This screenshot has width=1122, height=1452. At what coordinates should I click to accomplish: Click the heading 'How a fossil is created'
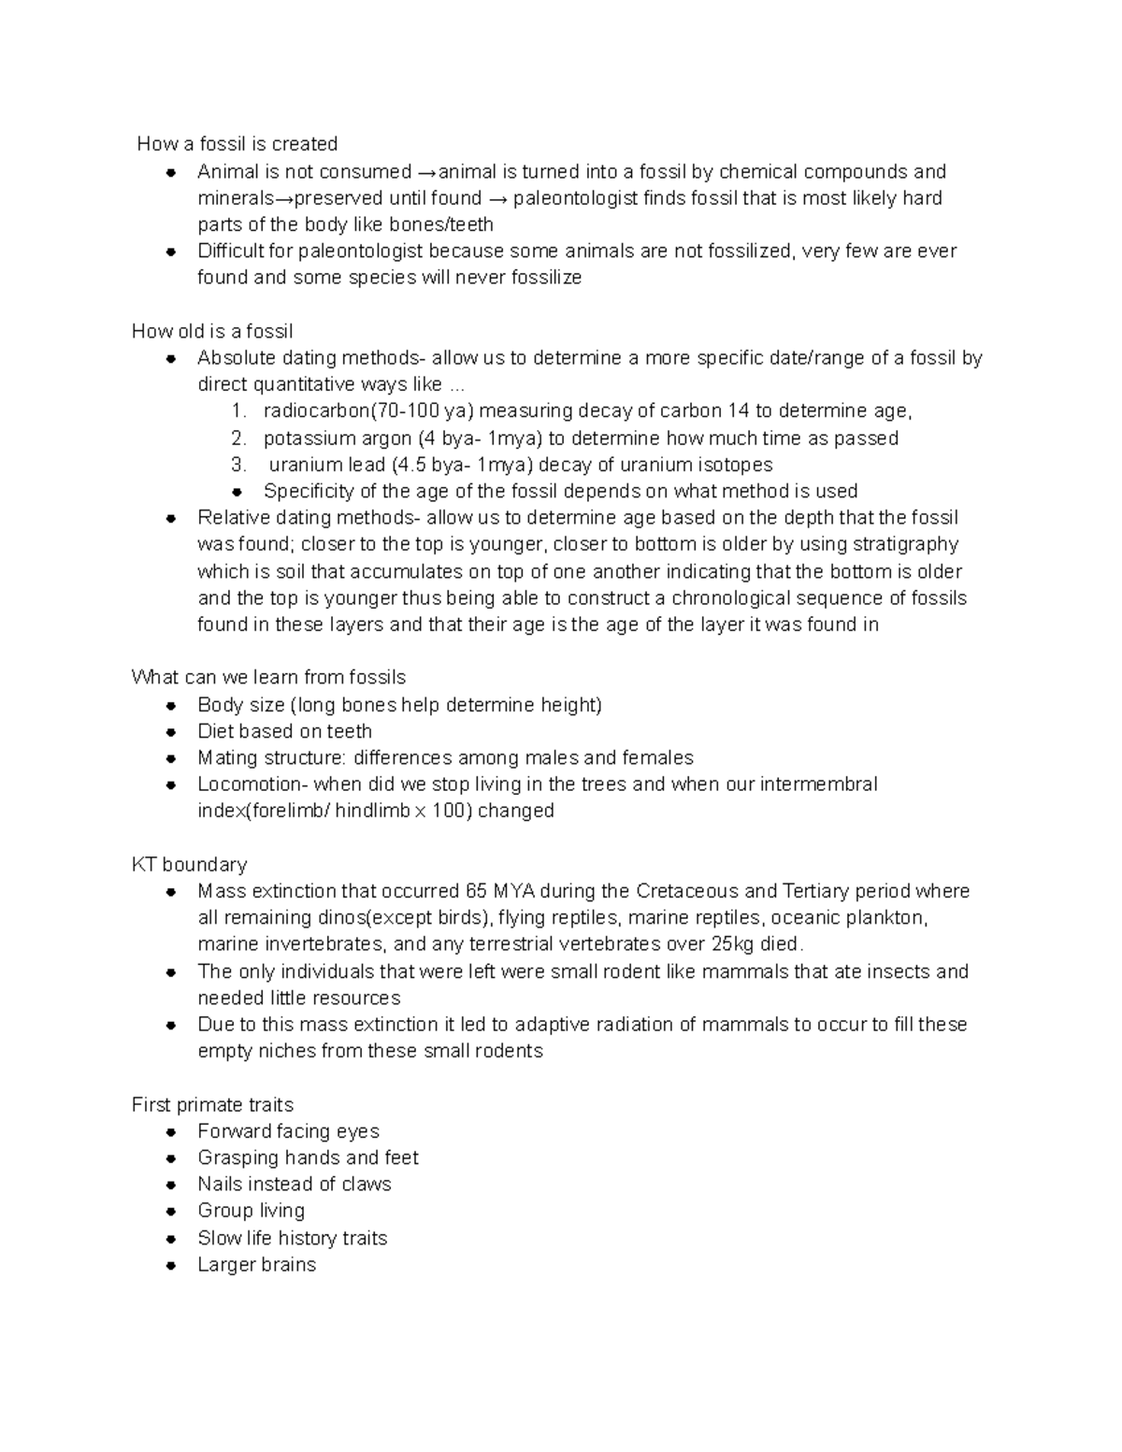237,144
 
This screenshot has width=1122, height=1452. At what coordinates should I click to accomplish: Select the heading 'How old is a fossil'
212,331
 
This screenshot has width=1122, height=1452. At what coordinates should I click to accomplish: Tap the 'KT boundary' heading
190,864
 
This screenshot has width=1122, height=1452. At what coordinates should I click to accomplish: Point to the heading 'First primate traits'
212,1104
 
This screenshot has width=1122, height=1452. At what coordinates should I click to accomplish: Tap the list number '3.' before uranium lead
238,465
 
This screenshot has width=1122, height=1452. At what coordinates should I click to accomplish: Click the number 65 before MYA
475,891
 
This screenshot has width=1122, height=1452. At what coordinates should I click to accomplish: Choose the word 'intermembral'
818,784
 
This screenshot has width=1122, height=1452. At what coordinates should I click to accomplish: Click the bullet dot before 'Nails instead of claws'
171,1185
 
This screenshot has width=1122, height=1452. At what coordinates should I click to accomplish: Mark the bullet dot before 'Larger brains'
171,1265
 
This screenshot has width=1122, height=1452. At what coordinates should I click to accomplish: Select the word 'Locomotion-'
252,784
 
